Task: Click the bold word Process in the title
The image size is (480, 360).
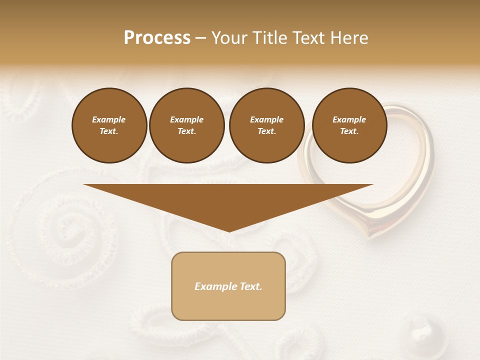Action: click(157, 38)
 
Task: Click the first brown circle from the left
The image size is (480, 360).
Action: click(109, 125)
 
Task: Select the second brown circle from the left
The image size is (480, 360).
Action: click(186, 125)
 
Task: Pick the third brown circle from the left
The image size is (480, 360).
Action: click(266, 125)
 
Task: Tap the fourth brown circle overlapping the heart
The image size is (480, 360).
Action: click(349, 125)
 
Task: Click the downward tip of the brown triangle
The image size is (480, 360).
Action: click(229, 231)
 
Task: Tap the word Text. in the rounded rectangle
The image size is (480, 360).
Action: click(251, 286)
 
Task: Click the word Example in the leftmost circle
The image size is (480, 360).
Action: click(109, 119)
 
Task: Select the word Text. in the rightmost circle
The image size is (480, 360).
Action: click(349, 131)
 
